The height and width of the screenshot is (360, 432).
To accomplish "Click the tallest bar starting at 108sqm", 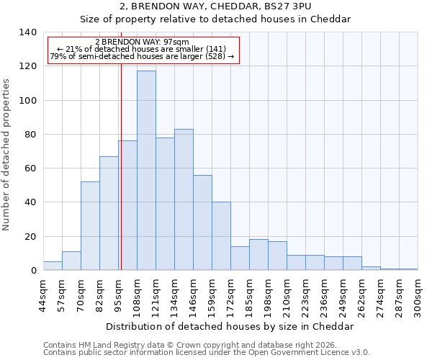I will pos(146,171).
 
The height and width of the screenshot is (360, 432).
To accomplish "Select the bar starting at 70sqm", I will pos(90,226).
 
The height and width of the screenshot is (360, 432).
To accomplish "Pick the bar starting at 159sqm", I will pos(221,236).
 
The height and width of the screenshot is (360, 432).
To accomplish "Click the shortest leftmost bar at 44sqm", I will pos(53,266).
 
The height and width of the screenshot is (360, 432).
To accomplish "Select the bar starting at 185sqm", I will pos(258,255).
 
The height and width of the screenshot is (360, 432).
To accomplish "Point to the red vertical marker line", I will pos(121,166).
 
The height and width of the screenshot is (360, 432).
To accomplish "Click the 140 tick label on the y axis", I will pos(27,32).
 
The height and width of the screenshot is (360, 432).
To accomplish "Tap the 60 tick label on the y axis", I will pos(30,168).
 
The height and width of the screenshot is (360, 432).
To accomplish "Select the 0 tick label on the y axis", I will pos(32,271).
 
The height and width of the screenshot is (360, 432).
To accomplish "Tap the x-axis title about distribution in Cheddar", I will pos(230,326).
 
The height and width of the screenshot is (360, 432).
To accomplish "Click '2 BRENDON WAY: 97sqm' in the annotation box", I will pos(142,42).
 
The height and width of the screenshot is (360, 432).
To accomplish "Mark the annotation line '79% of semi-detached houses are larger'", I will pos(142,56).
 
